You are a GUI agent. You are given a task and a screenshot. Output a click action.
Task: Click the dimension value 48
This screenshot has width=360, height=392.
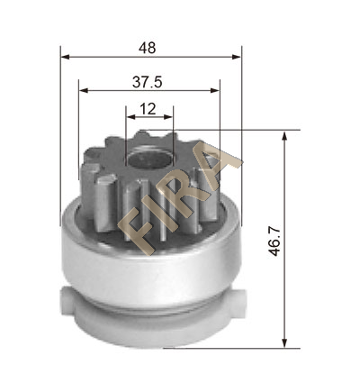148,48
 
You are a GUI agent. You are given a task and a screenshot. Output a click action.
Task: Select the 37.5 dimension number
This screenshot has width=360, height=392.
148,82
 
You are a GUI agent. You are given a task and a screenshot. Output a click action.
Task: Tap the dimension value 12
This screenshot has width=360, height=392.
148,109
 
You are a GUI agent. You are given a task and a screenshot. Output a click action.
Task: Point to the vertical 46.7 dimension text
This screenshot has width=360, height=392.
274,242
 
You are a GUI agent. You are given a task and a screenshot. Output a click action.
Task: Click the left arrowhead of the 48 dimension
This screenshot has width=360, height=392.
65,57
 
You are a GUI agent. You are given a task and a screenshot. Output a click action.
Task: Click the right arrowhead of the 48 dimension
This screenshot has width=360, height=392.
237,57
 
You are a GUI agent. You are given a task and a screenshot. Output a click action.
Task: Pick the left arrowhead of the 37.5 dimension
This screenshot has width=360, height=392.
84,90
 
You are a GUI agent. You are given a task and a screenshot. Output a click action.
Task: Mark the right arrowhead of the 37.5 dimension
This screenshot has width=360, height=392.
215,90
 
